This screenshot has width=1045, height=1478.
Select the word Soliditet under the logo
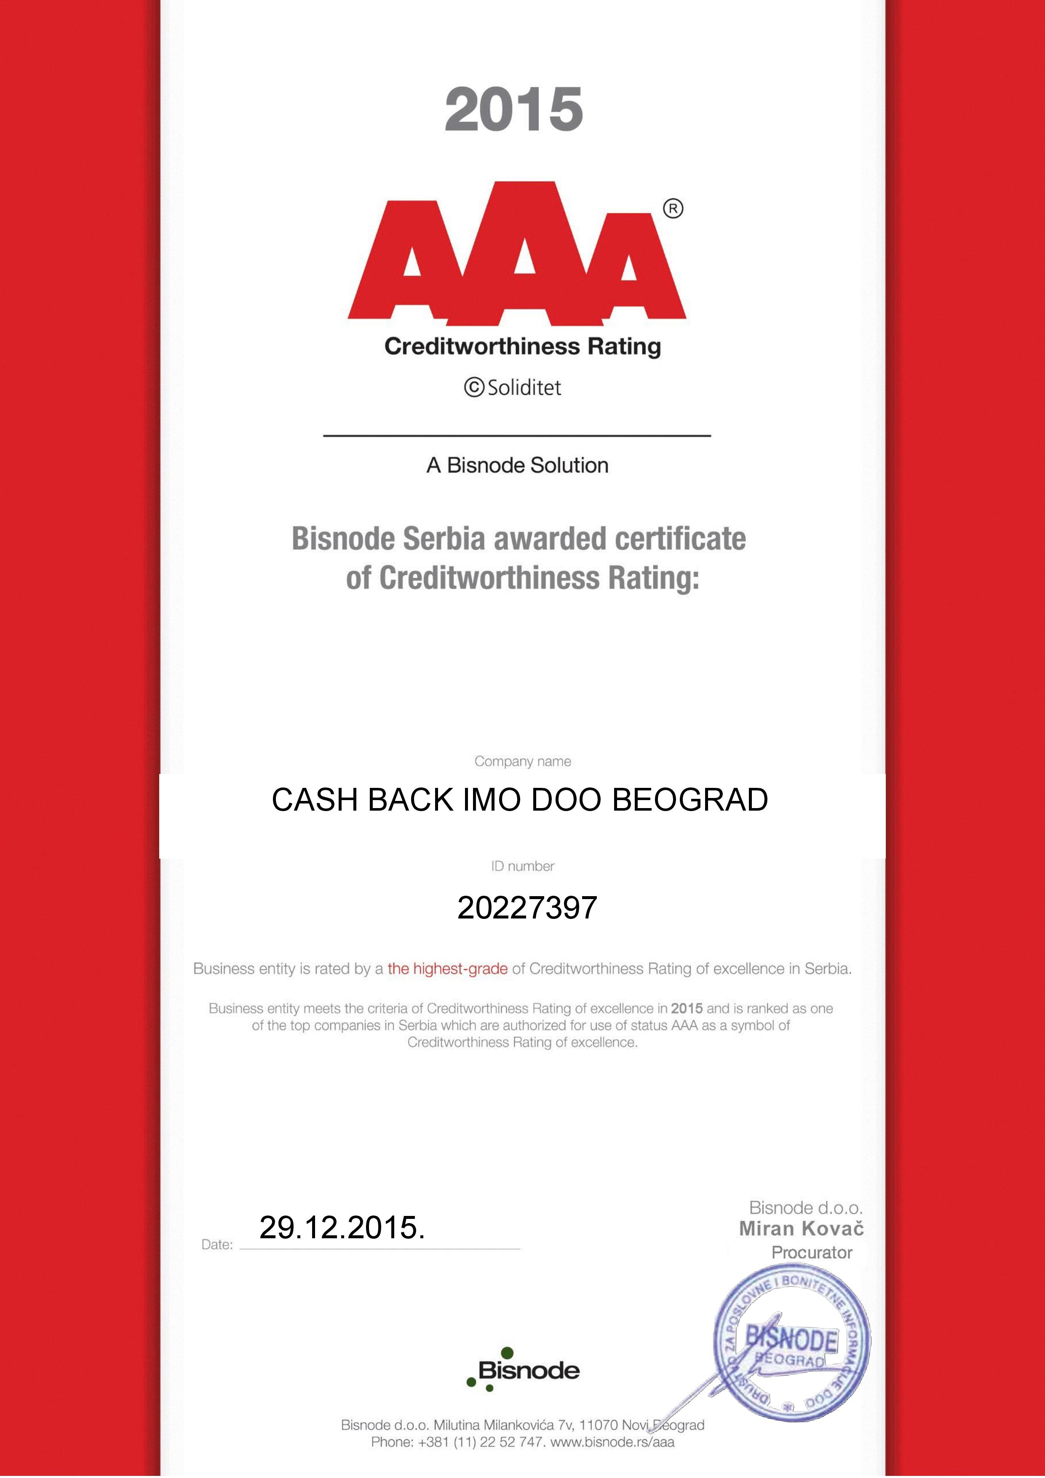(524, 388)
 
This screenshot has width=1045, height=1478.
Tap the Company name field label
(522, 761)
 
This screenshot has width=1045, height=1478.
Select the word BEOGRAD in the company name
(690, 800)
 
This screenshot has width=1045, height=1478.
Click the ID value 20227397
(527, 908)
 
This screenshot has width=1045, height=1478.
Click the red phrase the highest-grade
(447, 968)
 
